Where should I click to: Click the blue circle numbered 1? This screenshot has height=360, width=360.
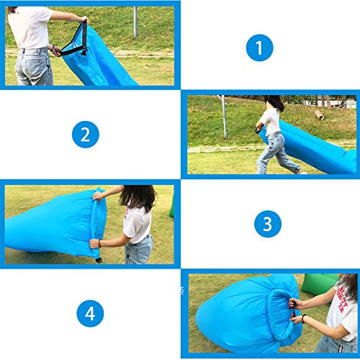click(259, 48)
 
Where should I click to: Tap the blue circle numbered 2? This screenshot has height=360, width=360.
click(86, 135)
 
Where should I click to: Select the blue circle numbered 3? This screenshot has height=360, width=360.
click(268, 224)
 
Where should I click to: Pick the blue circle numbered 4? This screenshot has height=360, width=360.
click(90, 313)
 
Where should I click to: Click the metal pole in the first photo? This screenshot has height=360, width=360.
click(135, 22)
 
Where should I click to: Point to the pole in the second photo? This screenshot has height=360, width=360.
click(224, 117)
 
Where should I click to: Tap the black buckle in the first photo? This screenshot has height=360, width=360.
click(84, 51)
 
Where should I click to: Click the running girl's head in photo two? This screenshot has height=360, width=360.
click(275, 103)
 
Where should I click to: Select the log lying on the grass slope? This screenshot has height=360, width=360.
click(319, 114)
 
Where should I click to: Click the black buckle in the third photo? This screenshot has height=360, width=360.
click(99, 260)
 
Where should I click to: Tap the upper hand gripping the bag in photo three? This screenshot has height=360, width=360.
click(98, 196)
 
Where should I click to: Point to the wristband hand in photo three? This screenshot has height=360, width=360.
click(95, 243)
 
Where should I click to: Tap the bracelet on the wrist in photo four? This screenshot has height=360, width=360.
click(304, 318)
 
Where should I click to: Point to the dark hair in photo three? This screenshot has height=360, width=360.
click(138, 197)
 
